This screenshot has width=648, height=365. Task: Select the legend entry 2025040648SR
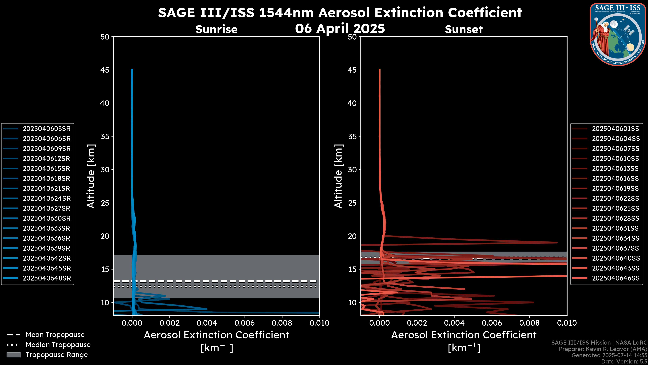coord(47,278)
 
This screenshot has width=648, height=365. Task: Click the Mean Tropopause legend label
coord(55,335)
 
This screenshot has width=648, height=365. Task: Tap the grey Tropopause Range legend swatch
coord(13,355)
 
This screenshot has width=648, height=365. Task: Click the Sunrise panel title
coord(216,29)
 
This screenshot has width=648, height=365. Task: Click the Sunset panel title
coord(464,29)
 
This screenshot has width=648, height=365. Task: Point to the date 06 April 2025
coord(340,28)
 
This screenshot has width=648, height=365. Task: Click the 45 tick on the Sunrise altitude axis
coord(105,70)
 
